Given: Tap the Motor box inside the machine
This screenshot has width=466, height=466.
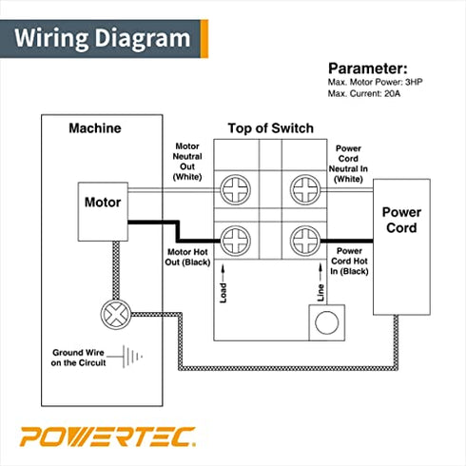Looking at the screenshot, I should pyautogui.click(x=103, y=203).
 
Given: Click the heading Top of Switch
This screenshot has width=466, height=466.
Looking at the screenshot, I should pyautogui.click(x=270, y=128).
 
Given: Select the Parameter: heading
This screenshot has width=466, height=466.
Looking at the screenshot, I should pyautogui.click(x=367, y=69).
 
